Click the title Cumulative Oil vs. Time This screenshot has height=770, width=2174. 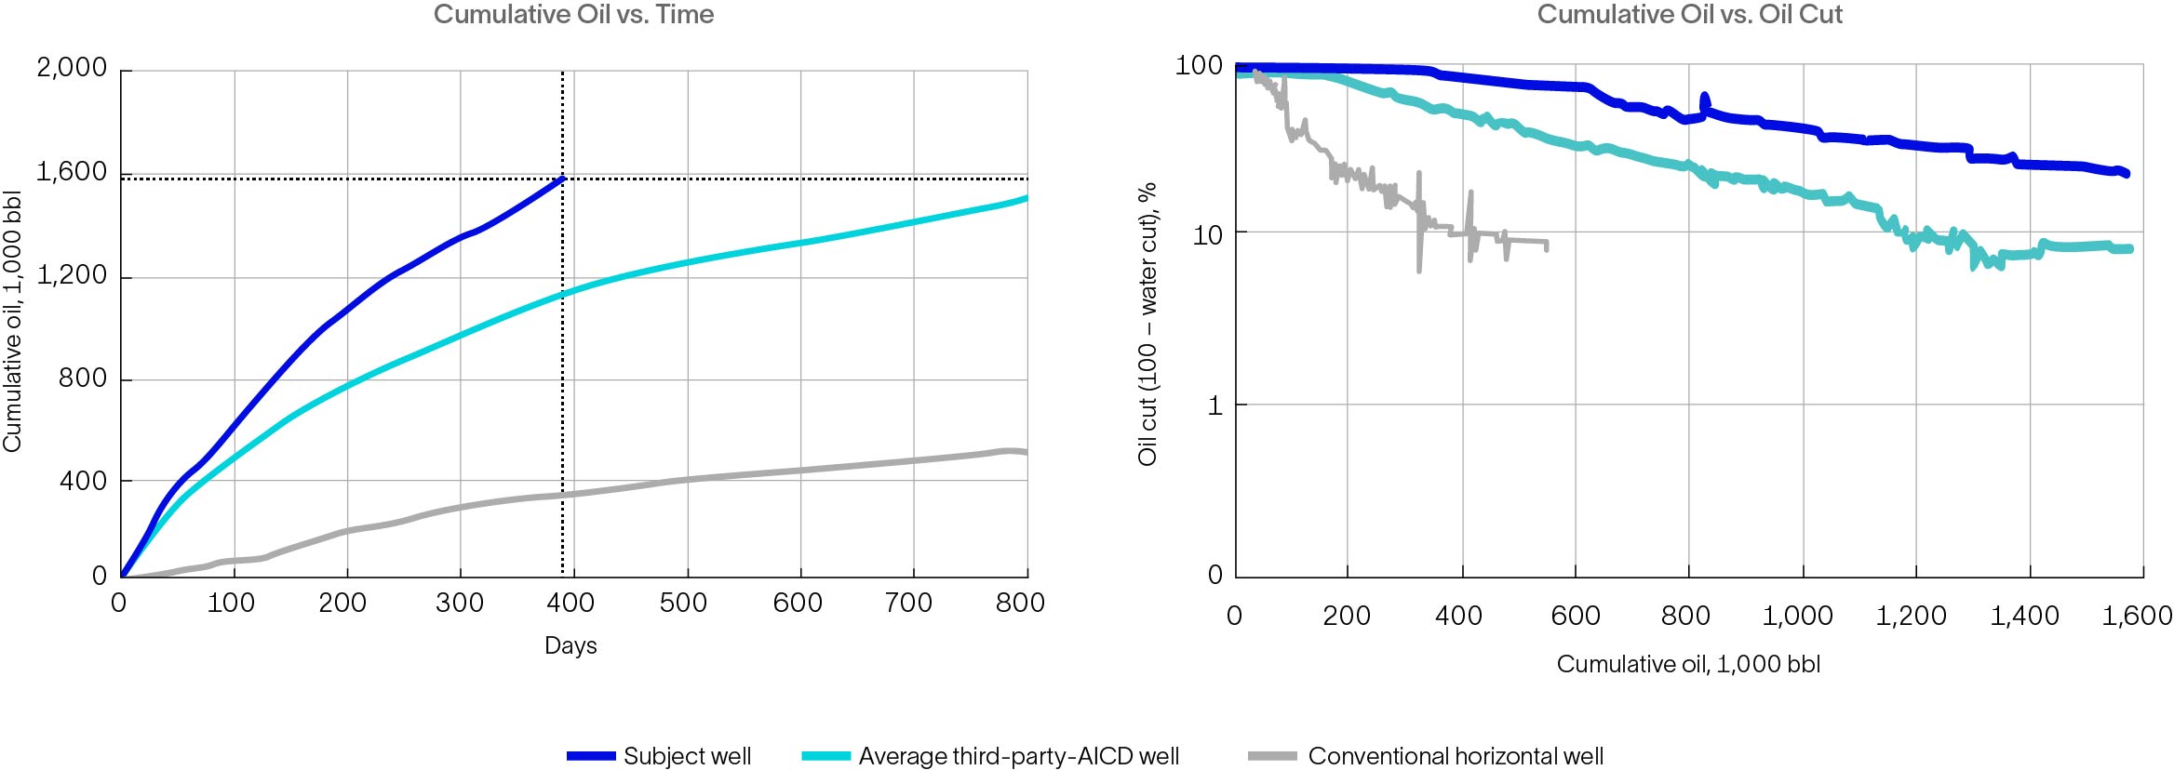573,15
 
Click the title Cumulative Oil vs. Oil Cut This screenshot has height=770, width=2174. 1689,15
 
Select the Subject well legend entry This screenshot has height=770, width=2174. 659,756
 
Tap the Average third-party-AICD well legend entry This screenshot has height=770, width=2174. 990,756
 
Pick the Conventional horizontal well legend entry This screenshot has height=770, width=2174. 1426,756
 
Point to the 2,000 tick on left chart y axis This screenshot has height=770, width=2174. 72,68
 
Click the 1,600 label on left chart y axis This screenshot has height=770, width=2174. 72,172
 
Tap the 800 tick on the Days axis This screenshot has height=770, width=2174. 1020,603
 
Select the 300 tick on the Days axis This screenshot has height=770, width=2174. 459,603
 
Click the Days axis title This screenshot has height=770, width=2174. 570,645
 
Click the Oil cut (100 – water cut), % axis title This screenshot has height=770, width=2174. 1147,324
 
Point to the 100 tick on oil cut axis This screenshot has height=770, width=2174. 1199,66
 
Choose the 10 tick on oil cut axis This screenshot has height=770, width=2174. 1207,235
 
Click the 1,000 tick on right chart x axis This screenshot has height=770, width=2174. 1797,616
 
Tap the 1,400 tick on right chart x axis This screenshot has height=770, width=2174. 2024,616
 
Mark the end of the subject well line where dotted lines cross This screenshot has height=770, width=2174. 562,178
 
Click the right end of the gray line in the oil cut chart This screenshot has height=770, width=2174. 1546,246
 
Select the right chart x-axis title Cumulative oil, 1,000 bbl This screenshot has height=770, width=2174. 1688,664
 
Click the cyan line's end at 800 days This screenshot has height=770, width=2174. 1026,198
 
